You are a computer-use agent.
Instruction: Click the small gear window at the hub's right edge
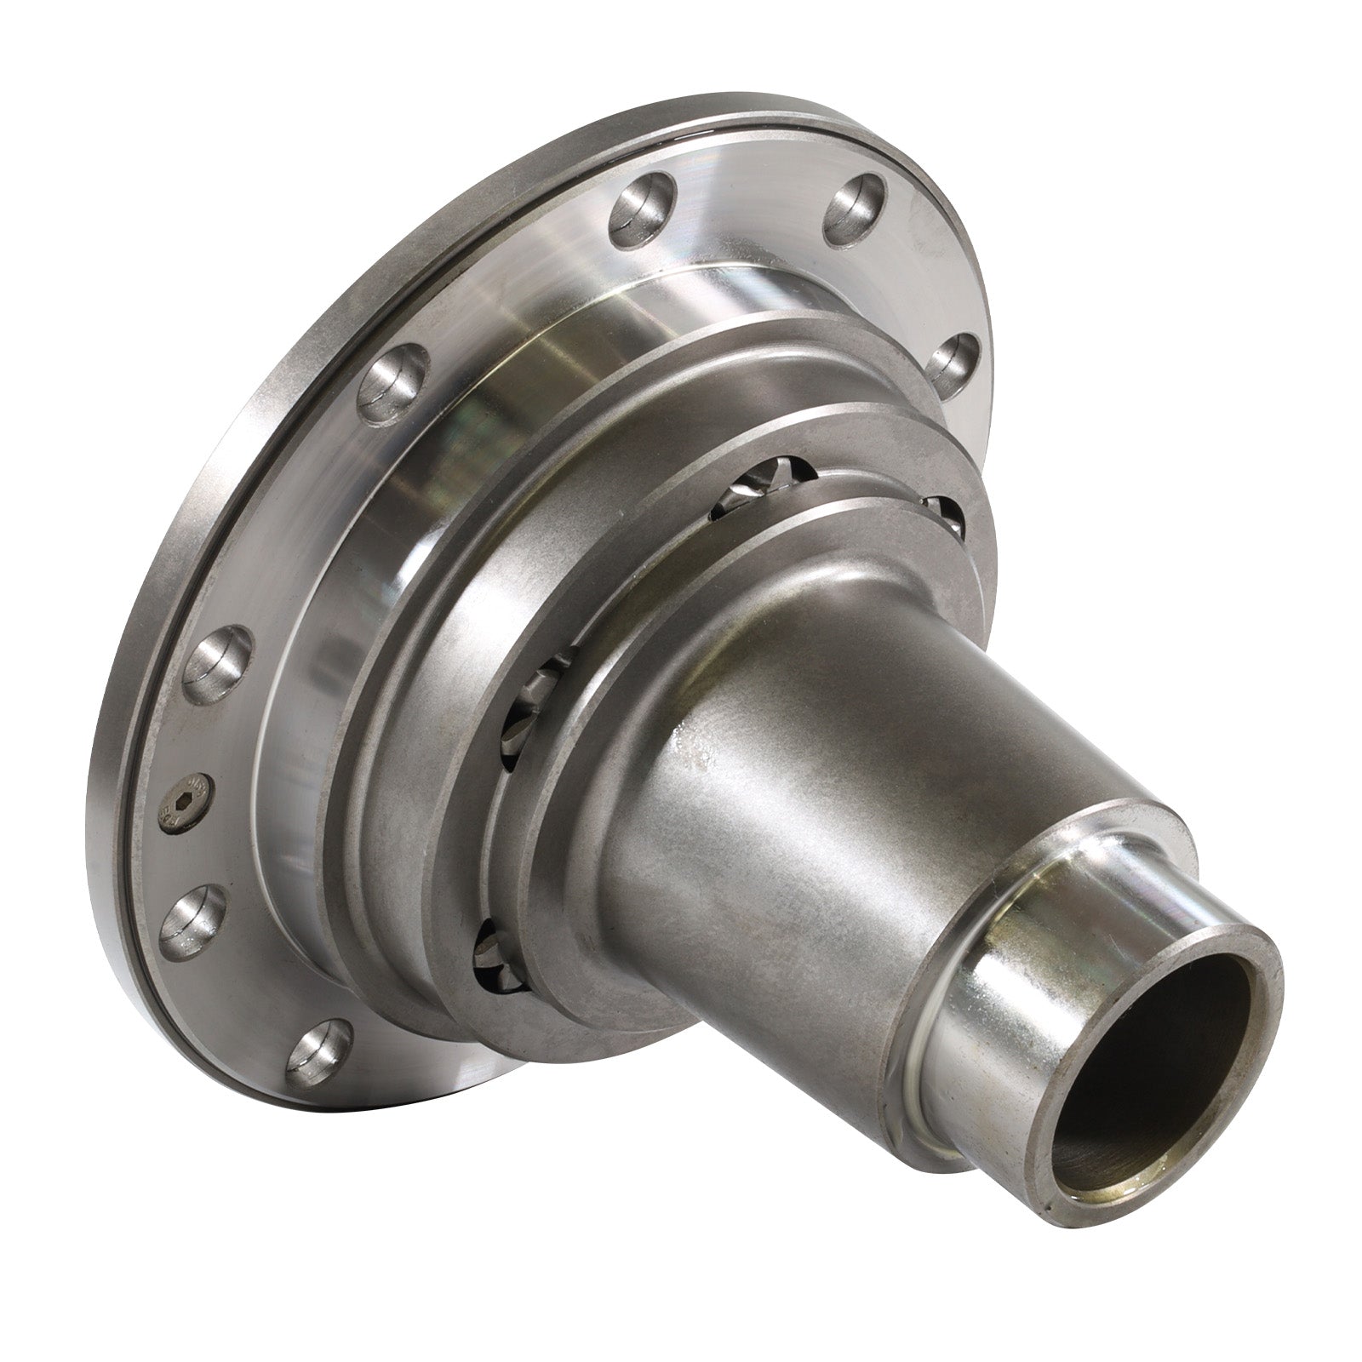(943, 519)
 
